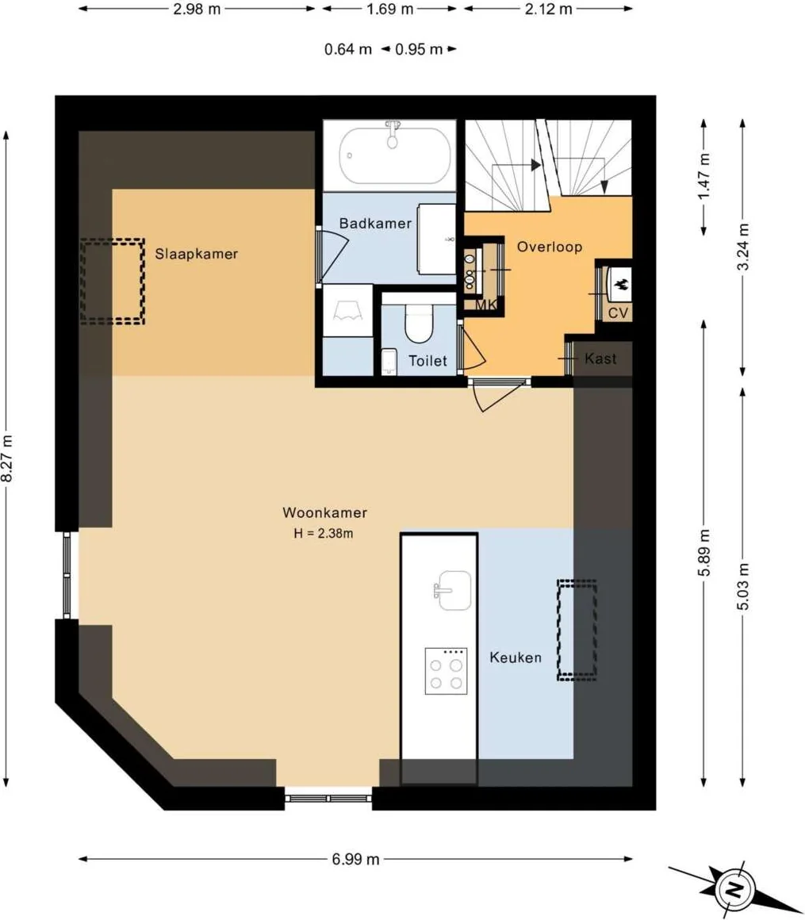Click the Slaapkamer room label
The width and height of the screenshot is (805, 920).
[x=197, y=254]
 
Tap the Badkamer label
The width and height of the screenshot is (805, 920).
[x=375, y=224]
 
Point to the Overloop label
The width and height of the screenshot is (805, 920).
[x=550, y=247]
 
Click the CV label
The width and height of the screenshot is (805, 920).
[x=619, y=313]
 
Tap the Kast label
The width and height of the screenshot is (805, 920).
[x=600, y=358]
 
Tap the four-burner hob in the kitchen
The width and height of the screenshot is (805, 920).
[x=445, y=672]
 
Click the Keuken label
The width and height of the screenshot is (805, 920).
[x=516, y=657]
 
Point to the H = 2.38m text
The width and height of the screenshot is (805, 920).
[x=323, y=534]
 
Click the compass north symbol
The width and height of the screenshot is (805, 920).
[x=735, y=887]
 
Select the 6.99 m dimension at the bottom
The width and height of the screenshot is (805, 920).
[x=355, y=859]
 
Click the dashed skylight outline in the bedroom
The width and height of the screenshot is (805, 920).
[x=112, y=281]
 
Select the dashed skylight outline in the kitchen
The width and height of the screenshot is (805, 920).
[x=577, y=631]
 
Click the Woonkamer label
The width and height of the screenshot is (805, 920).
[x=324, y=513]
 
